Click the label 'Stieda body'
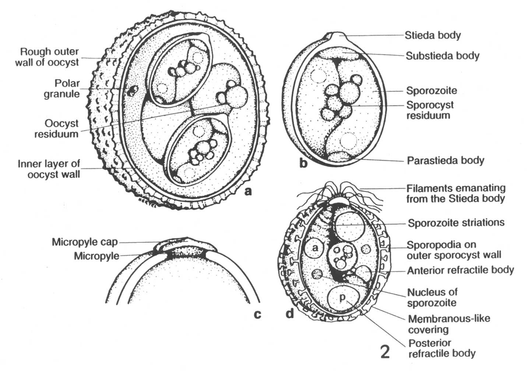tap(433, 35)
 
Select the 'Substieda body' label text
tap(443, 56)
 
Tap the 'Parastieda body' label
tap(445, 160)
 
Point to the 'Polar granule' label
tap(61, 88)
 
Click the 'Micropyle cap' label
tap(84, 242)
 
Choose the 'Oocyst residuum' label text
tap(56, 128)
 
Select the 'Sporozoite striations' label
tap(456, 223)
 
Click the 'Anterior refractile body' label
tap(460, 270)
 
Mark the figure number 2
tap(385, 352)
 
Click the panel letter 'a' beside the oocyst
tap(248, 191)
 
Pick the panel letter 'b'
tap(303, 163)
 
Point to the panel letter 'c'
tap(257, 314)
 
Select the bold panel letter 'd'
tap(290, 314)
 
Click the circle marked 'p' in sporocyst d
tap(343, 298)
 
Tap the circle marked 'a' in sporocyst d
tap(315, 248)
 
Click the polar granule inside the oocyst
tap(131, 90)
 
